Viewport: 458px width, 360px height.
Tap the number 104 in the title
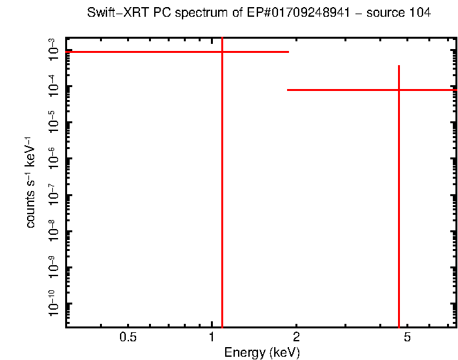tap(417, 12)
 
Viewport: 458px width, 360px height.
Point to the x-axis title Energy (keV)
tap(261, 352)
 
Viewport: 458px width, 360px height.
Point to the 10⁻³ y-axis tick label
tap(54, 49)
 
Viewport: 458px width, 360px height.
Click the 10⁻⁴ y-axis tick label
tap(54, 85)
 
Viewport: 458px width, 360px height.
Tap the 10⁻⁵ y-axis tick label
tap(54, 121)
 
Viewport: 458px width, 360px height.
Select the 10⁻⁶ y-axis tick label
tap(54, 157)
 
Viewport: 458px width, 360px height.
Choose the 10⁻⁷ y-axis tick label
tap(54, 194)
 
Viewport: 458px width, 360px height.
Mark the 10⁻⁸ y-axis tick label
tap(54, 230)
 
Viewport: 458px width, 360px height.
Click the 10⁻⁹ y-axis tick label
tap(54, 266)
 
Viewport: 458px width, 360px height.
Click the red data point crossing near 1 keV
tap(222, 52)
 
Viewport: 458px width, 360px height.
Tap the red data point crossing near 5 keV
tap(399, 90)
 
